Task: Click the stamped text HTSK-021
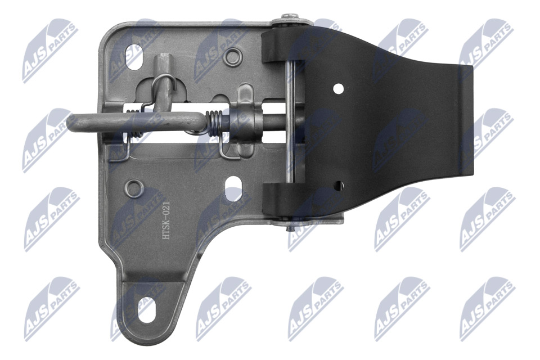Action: [166, 221]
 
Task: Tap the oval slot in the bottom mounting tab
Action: [147, 310]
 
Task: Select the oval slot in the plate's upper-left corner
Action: [135, 56]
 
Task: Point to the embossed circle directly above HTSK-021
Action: [134, 188]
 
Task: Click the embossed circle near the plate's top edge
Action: [233, 56]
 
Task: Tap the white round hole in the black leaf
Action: [339, 88]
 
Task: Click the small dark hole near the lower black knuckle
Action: [339, 185]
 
